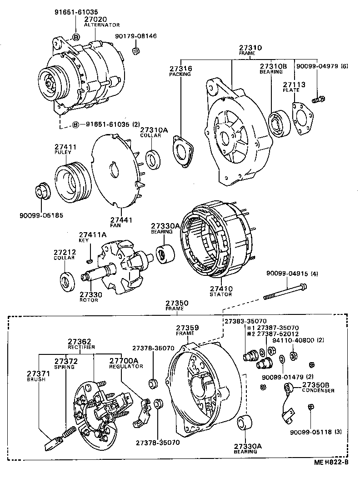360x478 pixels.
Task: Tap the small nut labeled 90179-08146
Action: coord(135,50)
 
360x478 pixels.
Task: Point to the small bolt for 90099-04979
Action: coord(319,99)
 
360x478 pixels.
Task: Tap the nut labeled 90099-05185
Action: coord(43,189)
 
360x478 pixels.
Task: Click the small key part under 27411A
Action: coord(90,260)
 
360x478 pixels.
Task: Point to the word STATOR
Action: coord(221,294)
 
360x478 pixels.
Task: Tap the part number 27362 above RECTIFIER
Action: coord(80,341)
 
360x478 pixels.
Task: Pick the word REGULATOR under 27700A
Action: coord(120,366)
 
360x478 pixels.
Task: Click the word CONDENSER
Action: coord(319,390)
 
